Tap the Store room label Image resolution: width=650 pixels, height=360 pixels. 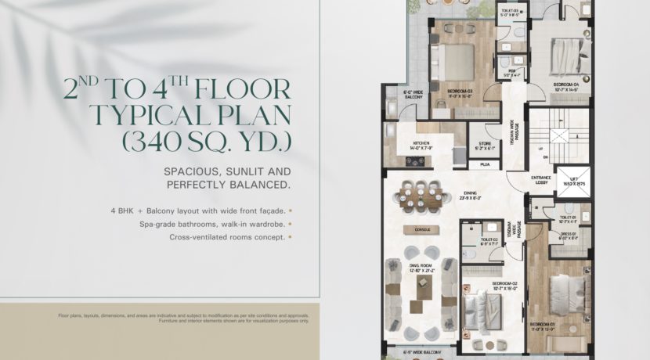[x=485, y=146]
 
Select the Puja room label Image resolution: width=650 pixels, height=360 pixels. [x=484, y=165]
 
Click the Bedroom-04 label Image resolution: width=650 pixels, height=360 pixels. [x=565, y=85]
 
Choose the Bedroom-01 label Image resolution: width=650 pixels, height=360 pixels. [x=542, y=326]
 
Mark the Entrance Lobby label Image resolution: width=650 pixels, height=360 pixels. [x=540, y=181]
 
